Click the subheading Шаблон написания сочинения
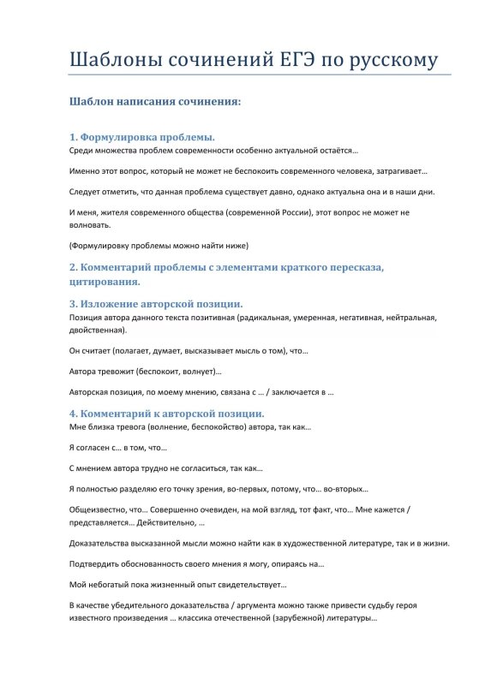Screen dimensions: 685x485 tap(155, 101)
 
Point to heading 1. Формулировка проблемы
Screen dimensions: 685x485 tap(142, 137)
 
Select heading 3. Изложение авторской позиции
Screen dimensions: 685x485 tap(156, 303)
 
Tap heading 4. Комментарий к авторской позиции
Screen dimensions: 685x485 tap(167, 413)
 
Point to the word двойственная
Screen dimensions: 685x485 tap(96, 329)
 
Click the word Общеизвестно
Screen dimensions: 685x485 tap(96, 509)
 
